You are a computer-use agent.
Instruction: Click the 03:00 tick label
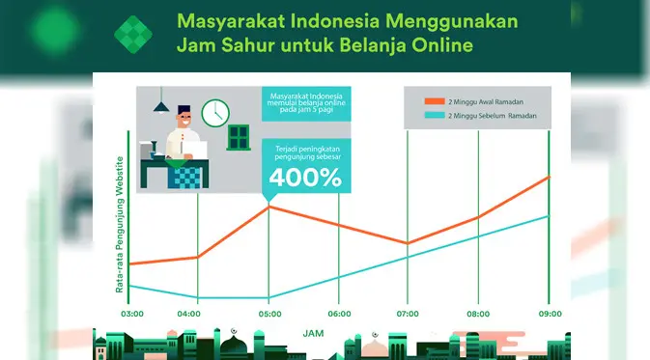(132, 314)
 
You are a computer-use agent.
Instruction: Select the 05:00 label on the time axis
(269, 314)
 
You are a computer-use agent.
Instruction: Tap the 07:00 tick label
(408, 314)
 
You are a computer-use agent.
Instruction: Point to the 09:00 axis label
(551, 314)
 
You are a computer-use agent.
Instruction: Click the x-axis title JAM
(313, 334)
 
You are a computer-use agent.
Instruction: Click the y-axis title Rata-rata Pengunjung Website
(120, 225)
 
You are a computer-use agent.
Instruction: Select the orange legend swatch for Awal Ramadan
(435, 101)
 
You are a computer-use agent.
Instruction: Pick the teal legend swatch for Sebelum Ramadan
(435, 115)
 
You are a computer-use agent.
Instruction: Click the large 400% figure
(305, 178)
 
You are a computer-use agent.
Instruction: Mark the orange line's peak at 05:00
(268, 207)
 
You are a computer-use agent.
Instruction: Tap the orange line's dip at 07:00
(408, 243)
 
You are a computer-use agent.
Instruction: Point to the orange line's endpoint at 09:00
(549, 177)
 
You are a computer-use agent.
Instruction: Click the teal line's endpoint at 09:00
(549, 216)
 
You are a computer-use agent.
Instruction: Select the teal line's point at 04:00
(198, 297)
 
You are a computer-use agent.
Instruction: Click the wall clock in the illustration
(215, 113)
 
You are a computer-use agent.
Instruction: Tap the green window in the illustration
(239, 137)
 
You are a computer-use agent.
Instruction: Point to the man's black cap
(184, 109)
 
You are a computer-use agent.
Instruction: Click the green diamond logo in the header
(133, 35)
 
